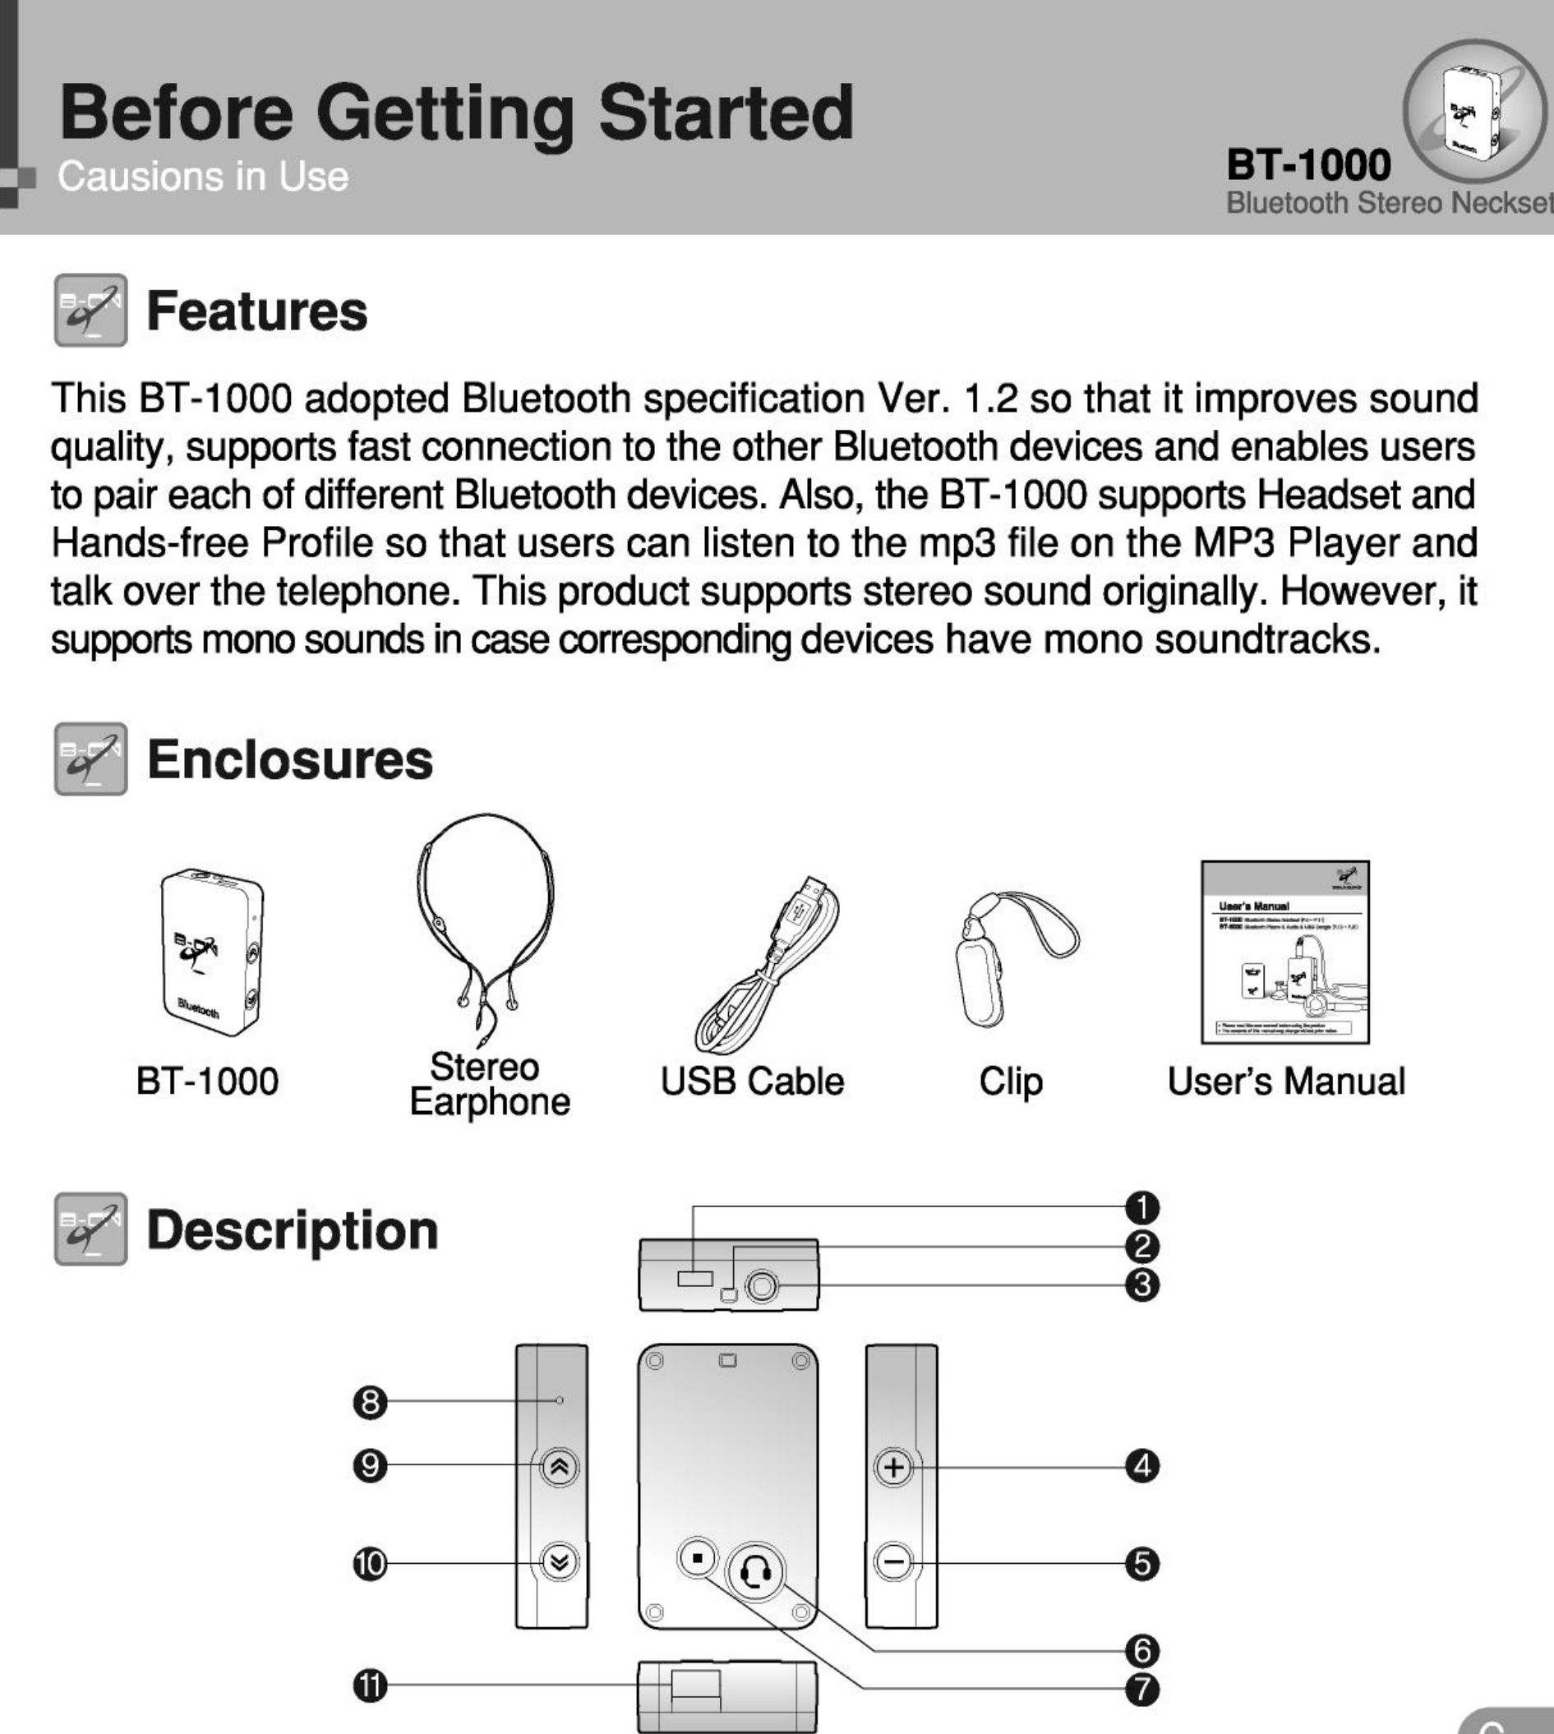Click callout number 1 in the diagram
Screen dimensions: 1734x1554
pos(1141,1207)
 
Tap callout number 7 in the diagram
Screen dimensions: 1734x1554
pos(1141,1689)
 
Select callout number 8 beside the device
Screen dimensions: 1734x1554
pos(370,1401)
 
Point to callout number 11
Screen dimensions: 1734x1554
pos(370,1686)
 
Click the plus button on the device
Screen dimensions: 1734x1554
pos(894,1468)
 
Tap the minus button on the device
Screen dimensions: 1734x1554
pos(894,1562)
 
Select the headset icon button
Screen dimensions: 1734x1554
pos(754,1570)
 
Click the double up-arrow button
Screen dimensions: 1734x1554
pos(560,1468)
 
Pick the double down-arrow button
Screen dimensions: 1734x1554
pos(560,1562)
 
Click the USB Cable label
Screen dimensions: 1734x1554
pos(752,1081)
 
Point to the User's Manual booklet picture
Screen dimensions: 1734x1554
pos(1285,952)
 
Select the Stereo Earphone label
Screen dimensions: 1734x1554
pos(489,1084)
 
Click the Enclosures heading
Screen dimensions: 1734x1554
pos(289,759)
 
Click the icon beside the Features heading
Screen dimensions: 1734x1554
pos(90,310)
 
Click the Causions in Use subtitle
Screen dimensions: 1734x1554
pos(203,177)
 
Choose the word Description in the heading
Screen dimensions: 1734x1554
pos(292,1230)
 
